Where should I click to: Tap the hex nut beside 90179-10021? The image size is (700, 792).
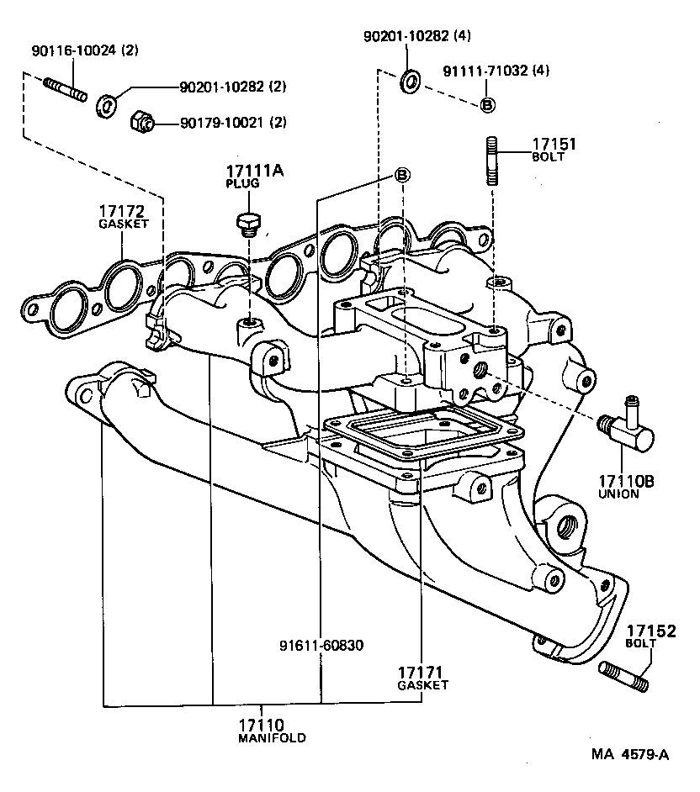141,123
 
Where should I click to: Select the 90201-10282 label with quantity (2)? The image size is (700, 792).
232,87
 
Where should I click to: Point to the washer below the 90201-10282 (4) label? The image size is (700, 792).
412,82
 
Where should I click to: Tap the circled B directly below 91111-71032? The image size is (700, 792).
488,104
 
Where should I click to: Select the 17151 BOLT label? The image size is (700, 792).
554,149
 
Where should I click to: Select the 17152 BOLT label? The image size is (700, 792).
650,636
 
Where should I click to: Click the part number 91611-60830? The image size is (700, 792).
321,646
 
